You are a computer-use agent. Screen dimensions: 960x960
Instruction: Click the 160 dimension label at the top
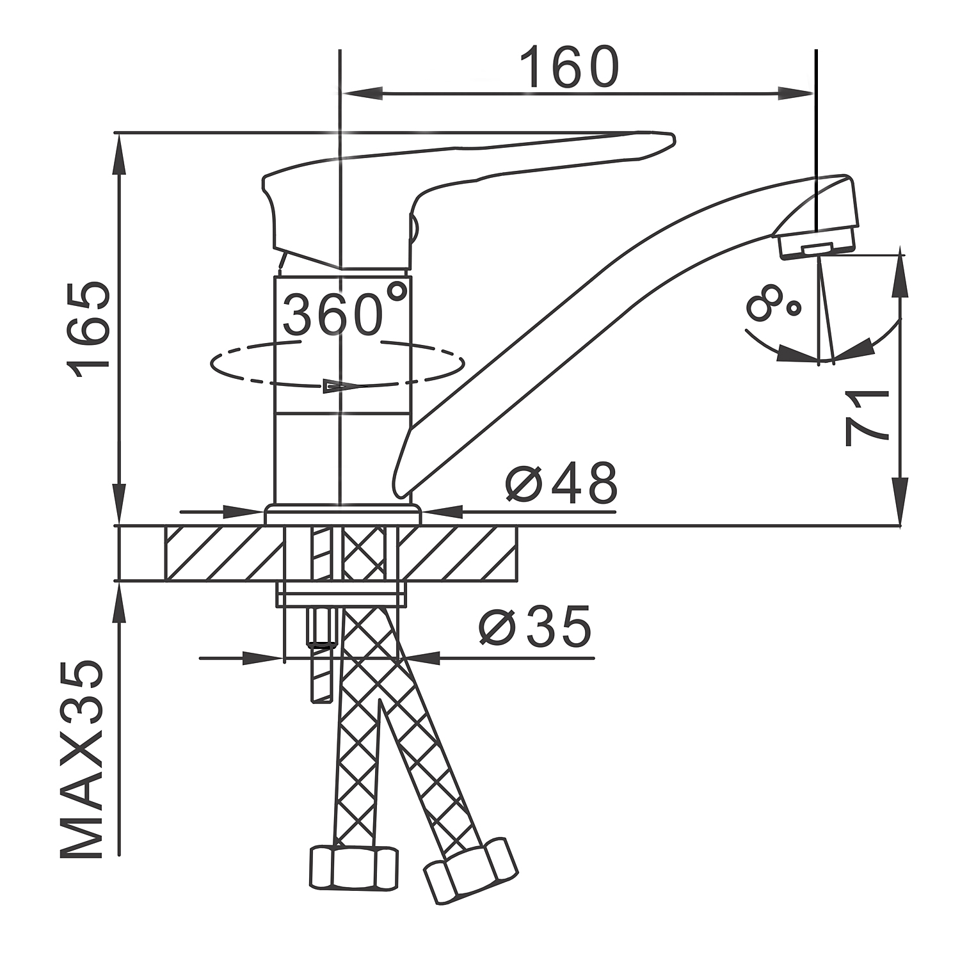pos(569,67)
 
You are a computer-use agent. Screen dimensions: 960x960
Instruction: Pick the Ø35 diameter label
pos(535,627)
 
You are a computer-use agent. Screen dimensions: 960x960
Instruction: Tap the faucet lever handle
pos(468,199)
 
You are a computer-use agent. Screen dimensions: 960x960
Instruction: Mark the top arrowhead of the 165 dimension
pos(120,155)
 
